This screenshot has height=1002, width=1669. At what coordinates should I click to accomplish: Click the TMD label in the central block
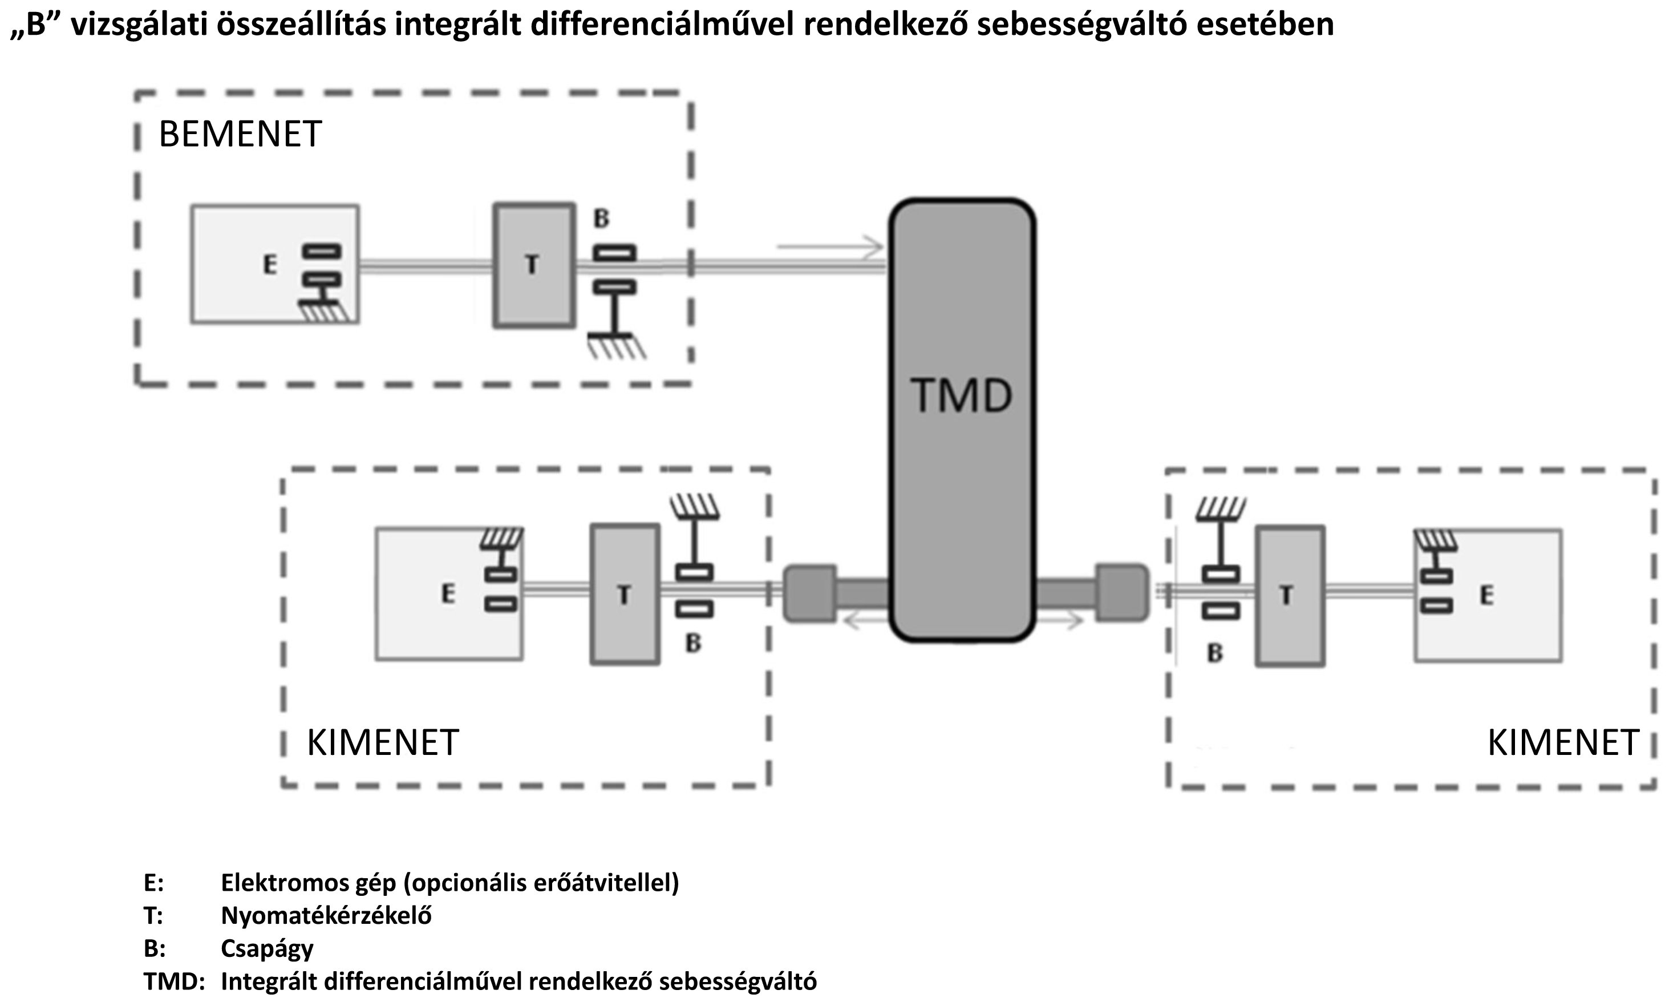(962, 395)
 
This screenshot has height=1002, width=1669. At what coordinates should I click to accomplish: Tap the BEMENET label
(240, 134)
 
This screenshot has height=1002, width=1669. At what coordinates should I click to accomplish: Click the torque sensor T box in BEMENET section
(534, 265)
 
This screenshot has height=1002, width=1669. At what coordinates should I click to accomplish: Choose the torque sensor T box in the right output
(1290, 596)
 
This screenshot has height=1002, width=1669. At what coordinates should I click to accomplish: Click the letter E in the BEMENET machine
(270, 264)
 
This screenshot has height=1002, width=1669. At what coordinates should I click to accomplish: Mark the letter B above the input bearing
(601, 219)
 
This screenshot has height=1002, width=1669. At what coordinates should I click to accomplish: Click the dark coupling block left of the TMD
(809, 593)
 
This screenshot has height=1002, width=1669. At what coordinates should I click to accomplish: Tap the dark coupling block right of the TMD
(1121, 592)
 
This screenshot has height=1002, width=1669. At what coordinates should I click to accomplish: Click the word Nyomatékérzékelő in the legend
(326, 916)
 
